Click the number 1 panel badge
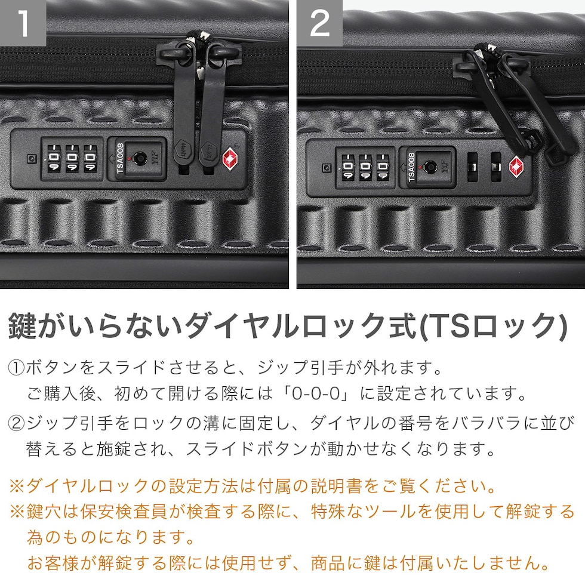(x=23, y=23)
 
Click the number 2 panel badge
(x=320, y=23)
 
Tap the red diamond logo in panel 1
(x=232, y=159)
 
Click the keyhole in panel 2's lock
(x=430, y=167)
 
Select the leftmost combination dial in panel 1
(x=54, y=158)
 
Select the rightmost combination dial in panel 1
(x=90, y=158)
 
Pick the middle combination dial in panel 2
(x=365, y=167)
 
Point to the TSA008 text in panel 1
(x=120, y=158)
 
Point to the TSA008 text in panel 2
(x=411, y=167)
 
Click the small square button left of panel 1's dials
(x=32, y=159)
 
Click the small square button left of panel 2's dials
(x=327, y=168)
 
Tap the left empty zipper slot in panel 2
(x=472, y=167)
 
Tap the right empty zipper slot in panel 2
(x=496, y=167)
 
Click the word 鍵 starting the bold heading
(x=23, y=326)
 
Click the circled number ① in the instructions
(x=17, y=368)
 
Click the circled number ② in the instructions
(x=17, y=424)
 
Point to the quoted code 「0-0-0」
(x=317, y=393)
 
